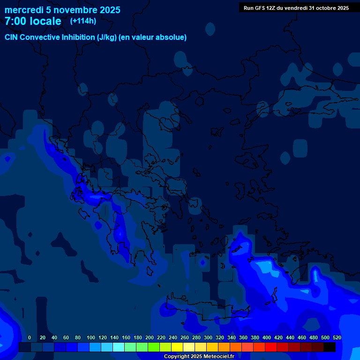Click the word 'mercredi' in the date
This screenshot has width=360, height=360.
coord(24,10)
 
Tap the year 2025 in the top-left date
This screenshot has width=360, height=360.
coord(106,10)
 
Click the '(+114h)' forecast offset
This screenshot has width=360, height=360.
coord(83,21)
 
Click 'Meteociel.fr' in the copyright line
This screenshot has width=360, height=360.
coord(218,357)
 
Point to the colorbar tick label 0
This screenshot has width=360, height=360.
coord(30,337)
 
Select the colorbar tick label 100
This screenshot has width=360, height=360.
coord(91,337)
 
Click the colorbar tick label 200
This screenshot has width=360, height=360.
coord(150,337)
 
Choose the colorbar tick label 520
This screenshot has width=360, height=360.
coord(337,337)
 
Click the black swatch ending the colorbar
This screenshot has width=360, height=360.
coord(330,347)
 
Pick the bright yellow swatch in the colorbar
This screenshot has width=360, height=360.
coord(177,347)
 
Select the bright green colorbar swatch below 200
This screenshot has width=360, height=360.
coord(153,347)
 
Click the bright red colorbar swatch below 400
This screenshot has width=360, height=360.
coord(270,347)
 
